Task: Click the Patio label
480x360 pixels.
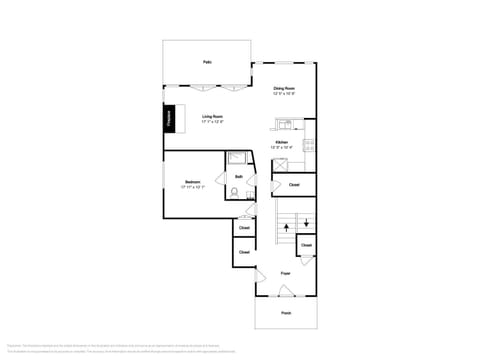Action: (207, 62)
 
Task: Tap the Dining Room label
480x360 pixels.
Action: (285, 89)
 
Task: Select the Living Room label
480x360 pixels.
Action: (212, 116)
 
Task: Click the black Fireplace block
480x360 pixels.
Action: (170, 118)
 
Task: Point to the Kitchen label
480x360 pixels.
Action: (282, 142)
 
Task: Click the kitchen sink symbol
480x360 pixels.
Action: (285, 125)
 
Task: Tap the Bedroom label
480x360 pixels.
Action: (192, 182)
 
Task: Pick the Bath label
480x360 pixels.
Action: (239, 177)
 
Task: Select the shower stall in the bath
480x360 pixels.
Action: (237, 158)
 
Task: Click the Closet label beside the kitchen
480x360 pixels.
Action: (294, 185)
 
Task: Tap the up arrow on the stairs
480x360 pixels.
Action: (287, 228)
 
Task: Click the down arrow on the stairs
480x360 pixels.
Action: (305, 224)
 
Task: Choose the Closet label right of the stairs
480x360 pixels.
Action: (306, 245)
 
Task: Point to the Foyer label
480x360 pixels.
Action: (285, 272)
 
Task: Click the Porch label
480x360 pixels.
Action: (285, 313)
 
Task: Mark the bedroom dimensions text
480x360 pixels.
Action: (192, 187)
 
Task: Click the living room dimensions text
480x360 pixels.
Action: (212, 121)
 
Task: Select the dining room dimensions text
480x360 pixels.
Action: (285, 94)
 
